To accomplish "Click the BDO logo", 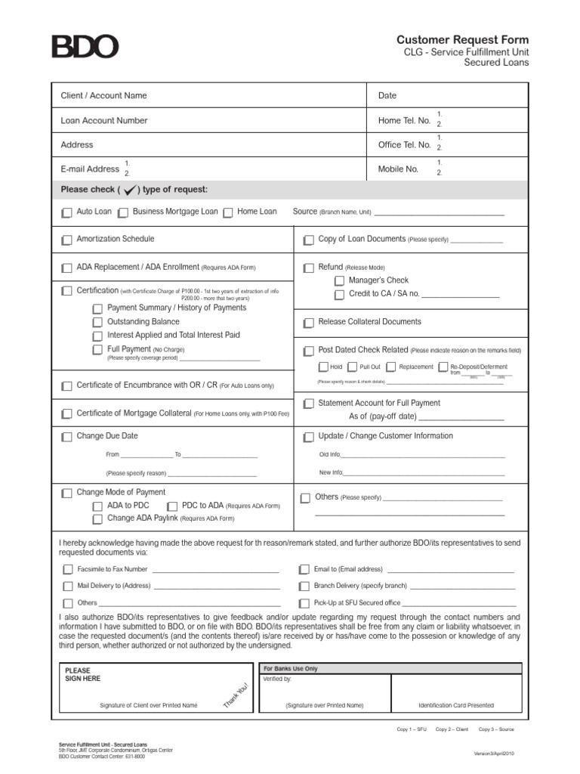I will (x=85, y=47).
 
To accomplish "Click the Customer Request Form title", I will (x=463, y=39).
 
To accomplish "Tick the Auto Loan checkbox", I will (x=67, y=213).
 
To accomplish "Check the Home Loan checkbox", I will (x=228, y=213).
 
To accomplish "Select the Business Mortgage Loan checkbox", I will (x=123, y=213).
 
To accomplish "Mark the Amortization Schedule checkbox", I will (x=67, y=240).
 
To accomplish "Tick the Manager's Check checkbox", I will (x=339, y=281).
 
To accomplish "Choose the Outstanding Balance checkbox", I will (x=97, y=323).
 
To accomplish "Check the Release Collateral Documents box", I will (x=308, y=323).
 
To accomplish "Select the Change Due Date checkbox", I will (x=67, y=437).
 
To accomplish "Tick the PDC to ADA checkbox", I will (x=172, y=506).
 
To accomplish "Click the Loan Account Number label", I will (x=104, y=120).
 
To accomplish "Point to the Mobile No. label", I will (x=398, y=169).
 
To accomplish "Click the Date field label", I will (x=387, y=96).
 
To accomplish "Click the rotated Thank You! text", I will (x=236, y=695).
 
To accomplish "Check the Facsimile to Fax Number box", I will (x=67, y=570).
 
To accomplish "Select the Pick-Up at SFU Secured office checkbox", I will (x=304, y=603).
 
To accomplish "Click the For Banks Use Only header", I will (x=290, y=669).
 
